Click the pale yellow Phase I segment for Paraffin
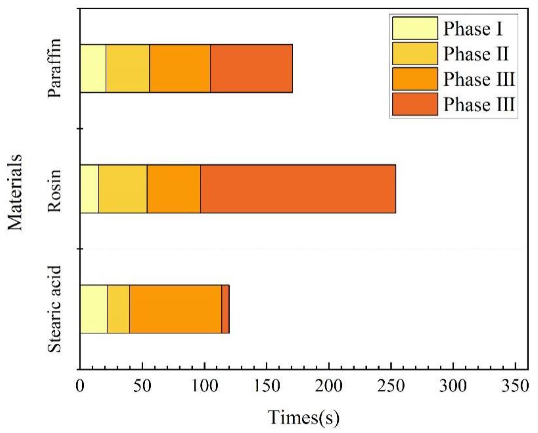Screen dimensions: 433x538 pos(93,69)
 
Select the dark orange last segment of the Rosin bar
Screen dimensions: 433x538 pos(298,189)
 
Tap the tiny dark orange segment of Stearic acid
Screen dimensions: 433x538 pos(225,309)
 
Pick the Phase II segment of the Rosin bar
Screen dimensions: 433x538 pos(123,189)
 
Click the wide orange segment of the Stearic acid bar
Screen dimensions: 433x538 pos(175,309)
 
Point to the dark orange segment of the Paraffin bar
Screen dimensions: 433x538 pos(251,69)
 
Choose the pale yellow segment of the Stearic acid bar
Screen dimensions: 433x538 pos(93,309)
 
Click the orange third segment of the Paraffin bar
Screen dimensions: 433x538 pos(180,69)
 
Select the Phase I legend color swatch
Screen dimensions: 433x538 pos(415,28)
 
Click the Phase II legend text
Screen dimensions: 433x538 pos(476,54)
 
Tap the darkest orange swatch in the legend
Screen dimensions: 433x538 pos(415,104)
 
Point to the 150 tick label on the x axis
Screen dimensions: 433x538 pos(266,386)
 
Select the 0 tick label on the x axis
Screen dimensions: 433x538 pos(80,386)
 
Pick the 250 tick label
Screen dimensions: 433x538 pos(391,386)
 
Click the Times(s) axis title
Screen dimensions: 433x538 pos(303,418)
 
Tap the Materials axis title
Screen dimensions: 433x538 pos(15,193)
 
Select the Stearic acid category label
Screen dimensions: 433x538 pos(55,309)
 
